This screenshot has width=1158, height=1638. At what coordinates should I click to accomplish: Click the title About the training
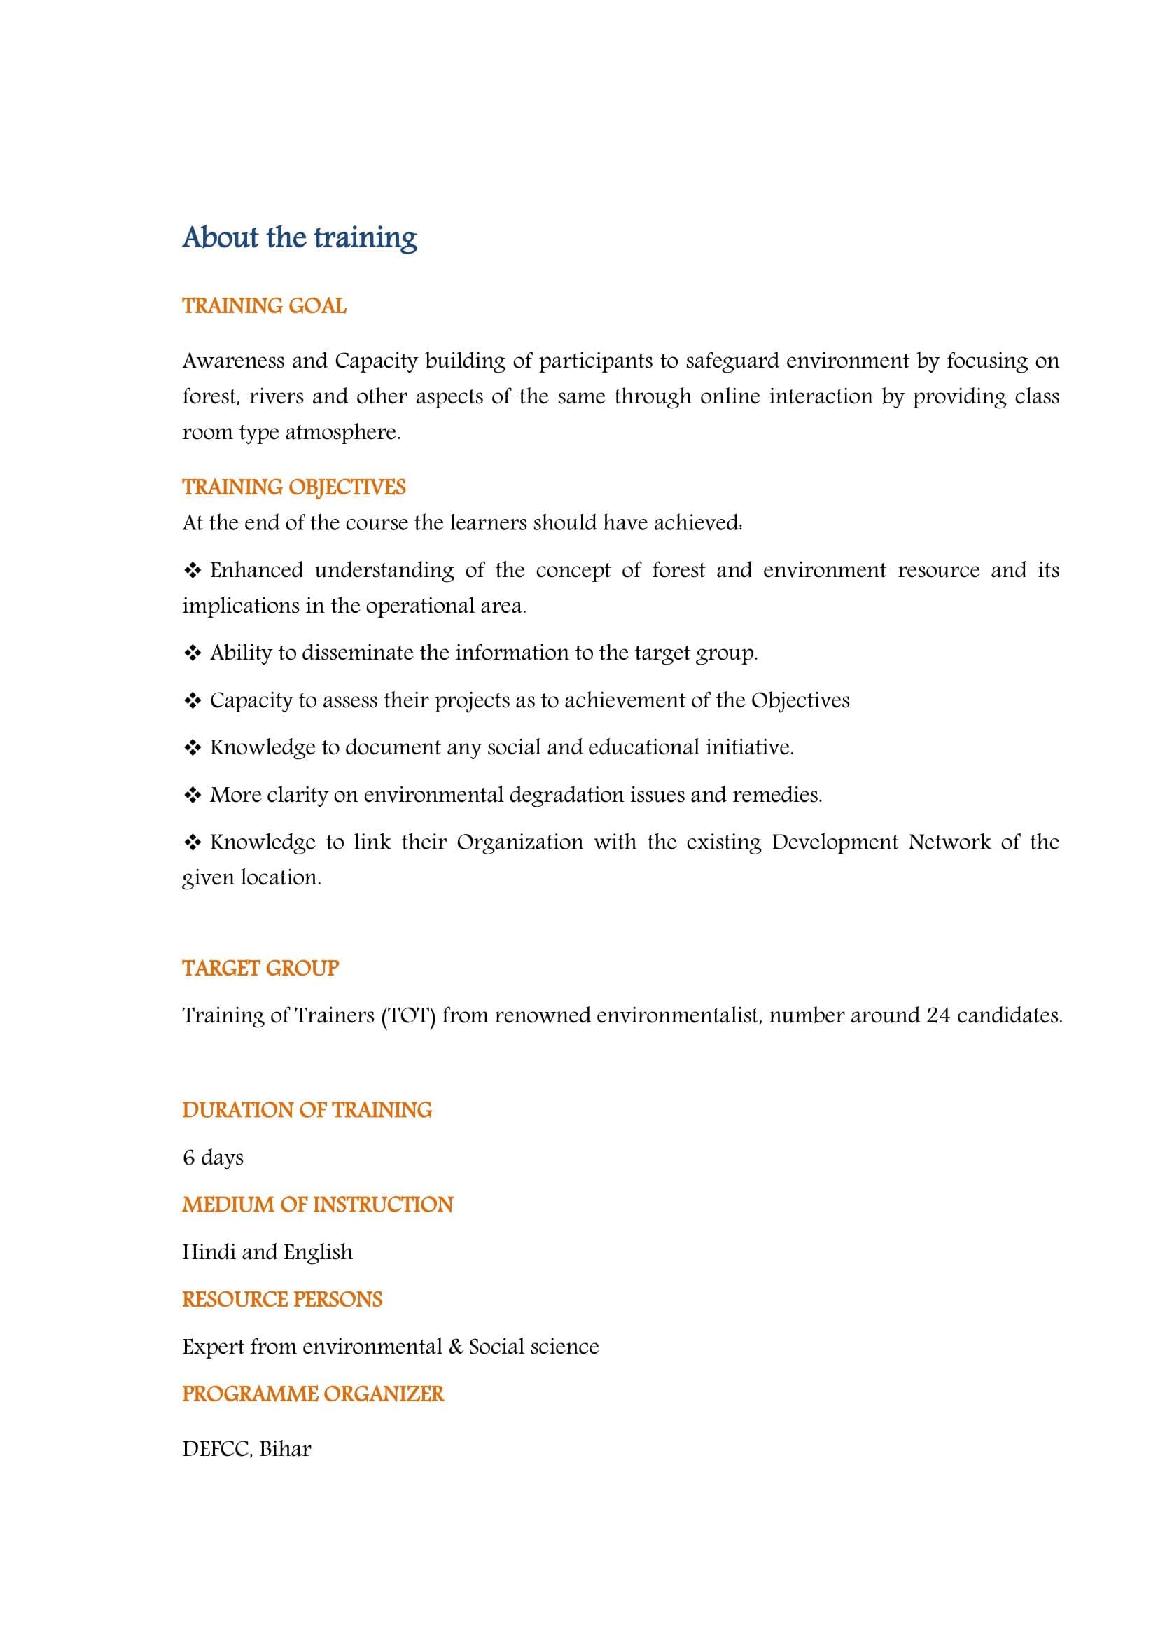tap(300, 237)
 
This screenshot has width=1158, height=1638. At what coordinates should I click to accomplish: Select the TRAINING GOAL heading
tap(264, 306)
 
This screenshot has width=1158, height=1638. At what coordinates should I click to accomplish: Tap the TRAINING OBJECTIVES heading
tap(294, 487)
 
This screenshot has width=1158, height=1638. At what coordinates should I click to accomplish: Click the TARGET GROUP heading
tap(260, 968)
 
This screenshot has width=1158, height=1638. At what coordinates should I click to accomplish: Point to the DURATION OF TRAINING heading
tap(307, 1110)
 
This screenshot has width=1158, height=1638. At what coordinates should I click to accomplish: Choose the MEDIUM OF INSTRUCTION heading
tap(317, 1205)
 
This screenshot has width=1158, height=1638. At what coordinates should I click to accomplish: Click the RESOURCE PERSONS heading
tap(282, 1299)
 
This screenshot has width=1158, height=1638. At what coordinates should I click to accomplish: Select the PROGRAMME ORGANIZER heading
tap(313, 1394)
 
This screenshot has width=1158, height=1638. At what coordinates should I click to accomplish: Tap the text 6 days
tap(213, 1157)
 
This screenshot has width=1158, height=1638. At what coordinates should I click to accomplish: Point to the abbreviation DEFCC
tap(216, 1449)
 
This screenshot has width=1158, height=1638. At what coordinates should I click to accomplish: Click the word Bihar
tap(285, 1449)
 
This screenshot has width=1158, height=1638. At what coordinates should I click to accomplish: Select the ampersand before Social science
tap(456, 1347)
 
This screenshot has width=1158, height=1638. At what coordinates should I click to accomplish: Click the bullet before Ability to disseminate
tap(193, 653)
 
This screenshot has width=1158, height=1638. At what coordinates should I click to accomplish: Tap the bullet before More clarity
tap(193, 796)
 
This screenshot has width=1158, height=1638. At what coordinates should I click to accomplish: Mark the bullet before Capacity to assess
tap(193, 700)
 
